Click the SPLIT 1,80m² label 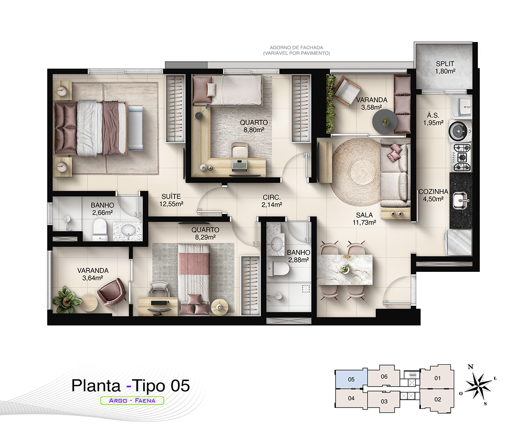(445, 67)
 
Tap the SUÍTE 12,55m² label (171, 200)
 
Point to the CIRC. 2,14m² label (272, 201)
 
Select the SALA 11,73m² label (364, 218)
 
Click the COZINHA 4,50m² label (433, 195)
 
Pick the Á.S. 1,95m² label (433, 119)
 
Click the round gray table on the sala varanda (385, 121)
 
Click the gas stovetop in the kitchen (461, 157)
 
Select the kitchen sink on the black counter (461, 201)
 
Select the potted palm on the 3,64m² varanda (66, 300)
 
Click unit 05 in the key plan (351, 379)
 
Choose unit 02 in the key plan (437, 399)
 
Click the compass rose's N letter (470, 367)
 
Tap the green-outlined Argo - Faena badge (132, 400)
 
